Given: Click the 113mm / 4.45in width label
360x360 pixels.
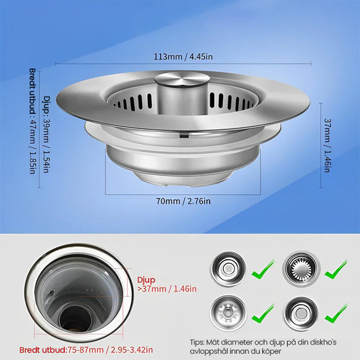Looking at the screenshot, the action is (x=183, y=57).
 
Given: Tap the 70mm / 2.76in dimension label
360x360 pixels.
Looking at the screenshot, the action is (x=183, y=201).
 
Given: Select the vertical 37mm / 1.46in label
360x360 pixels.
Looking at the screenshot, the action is (x=327, y=145).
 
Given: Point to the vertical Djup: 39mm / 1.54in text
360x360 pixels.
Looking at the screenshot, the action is (x=46, y=134).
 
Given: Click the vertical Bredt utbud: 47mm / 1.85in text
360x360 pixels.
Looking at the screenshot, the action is (x=33, y=121).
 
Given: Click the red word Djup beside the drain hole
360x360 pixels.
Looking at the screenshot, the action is (x=147, y=280).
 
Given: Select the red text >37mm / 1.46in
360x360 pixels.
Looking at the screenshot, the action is (x=167, y=289).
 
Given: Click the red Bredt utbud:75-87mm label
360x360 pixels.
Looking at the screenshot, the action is (x=61, y=350).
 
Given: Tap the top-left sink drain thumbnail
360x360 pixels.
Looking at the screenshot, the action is (x=228, y=269).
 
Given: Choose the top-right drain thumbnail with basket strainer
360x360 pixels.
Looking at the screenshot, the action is (x=301, y=269).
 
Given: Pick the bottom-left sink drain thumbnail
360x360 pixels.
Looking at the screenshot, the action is (x=228, y=312).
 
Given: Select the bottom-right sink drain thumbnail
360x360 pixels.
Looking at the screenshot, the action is (x=301, y=313).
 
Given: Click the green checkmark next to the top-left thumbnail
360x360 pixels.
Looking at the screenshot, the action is (x=263, y=269).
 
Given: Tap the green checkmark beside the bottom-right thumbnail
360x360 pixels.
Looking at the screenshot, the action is (x=336, y=314).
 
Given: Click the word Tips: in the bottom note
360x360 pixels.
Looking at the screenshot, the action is (x=197, y=343).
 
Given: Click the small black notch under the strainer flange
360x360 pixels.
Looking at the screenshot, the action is (x=184, y=136).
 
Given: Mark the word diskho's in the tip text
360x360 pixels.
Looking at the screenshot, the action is (x=323, y=342).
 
